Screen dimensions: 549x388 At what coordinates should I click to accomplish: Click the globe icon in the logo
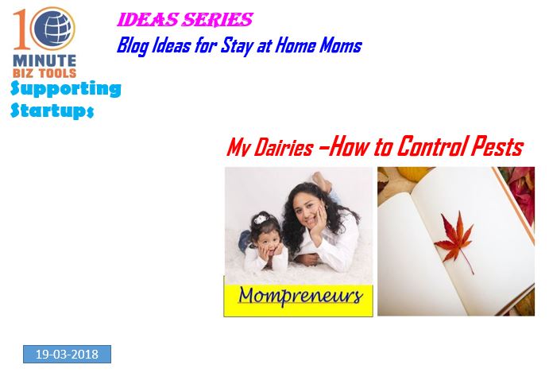tap(53, 29)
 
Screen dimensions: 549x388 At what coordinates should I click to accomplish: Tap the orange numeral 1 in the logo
tap(21, 29)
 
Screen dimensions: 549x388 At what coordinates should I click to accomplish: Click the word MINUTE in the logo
tap(44, 60)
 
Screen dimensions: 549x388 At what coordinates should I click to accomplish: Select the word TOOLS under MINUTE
tap(57, 73)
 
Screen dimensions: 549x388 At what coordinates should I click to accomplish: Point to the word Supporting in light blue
tap(66, 89)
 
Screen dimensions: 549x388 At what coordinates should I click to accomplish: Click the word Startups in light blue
tap(52, 111)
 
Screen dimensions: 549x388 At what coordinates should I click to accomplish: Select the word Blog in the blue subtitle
tap(133, 46)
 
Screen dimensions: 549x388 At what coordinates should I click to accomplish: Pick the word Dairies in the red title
tap(284, 147)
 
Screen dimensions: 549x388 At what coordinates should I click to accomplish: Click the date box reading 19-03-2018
tap(68, 354)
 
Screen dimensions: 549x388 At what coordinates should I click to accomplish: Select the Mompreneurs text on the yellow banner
tap(300, 296)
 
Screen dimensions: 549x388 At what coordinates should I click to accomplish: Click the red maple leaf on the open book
tap(455, 240)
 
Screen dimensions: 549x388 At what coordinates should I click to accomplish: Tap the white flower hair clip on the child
tap(261, 219)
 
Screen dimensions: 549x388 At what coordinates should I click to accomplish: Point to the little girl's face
tap(269, 242)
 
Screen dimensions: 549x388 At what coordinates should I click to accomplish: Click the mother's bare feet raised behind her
tap(323, 181)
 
